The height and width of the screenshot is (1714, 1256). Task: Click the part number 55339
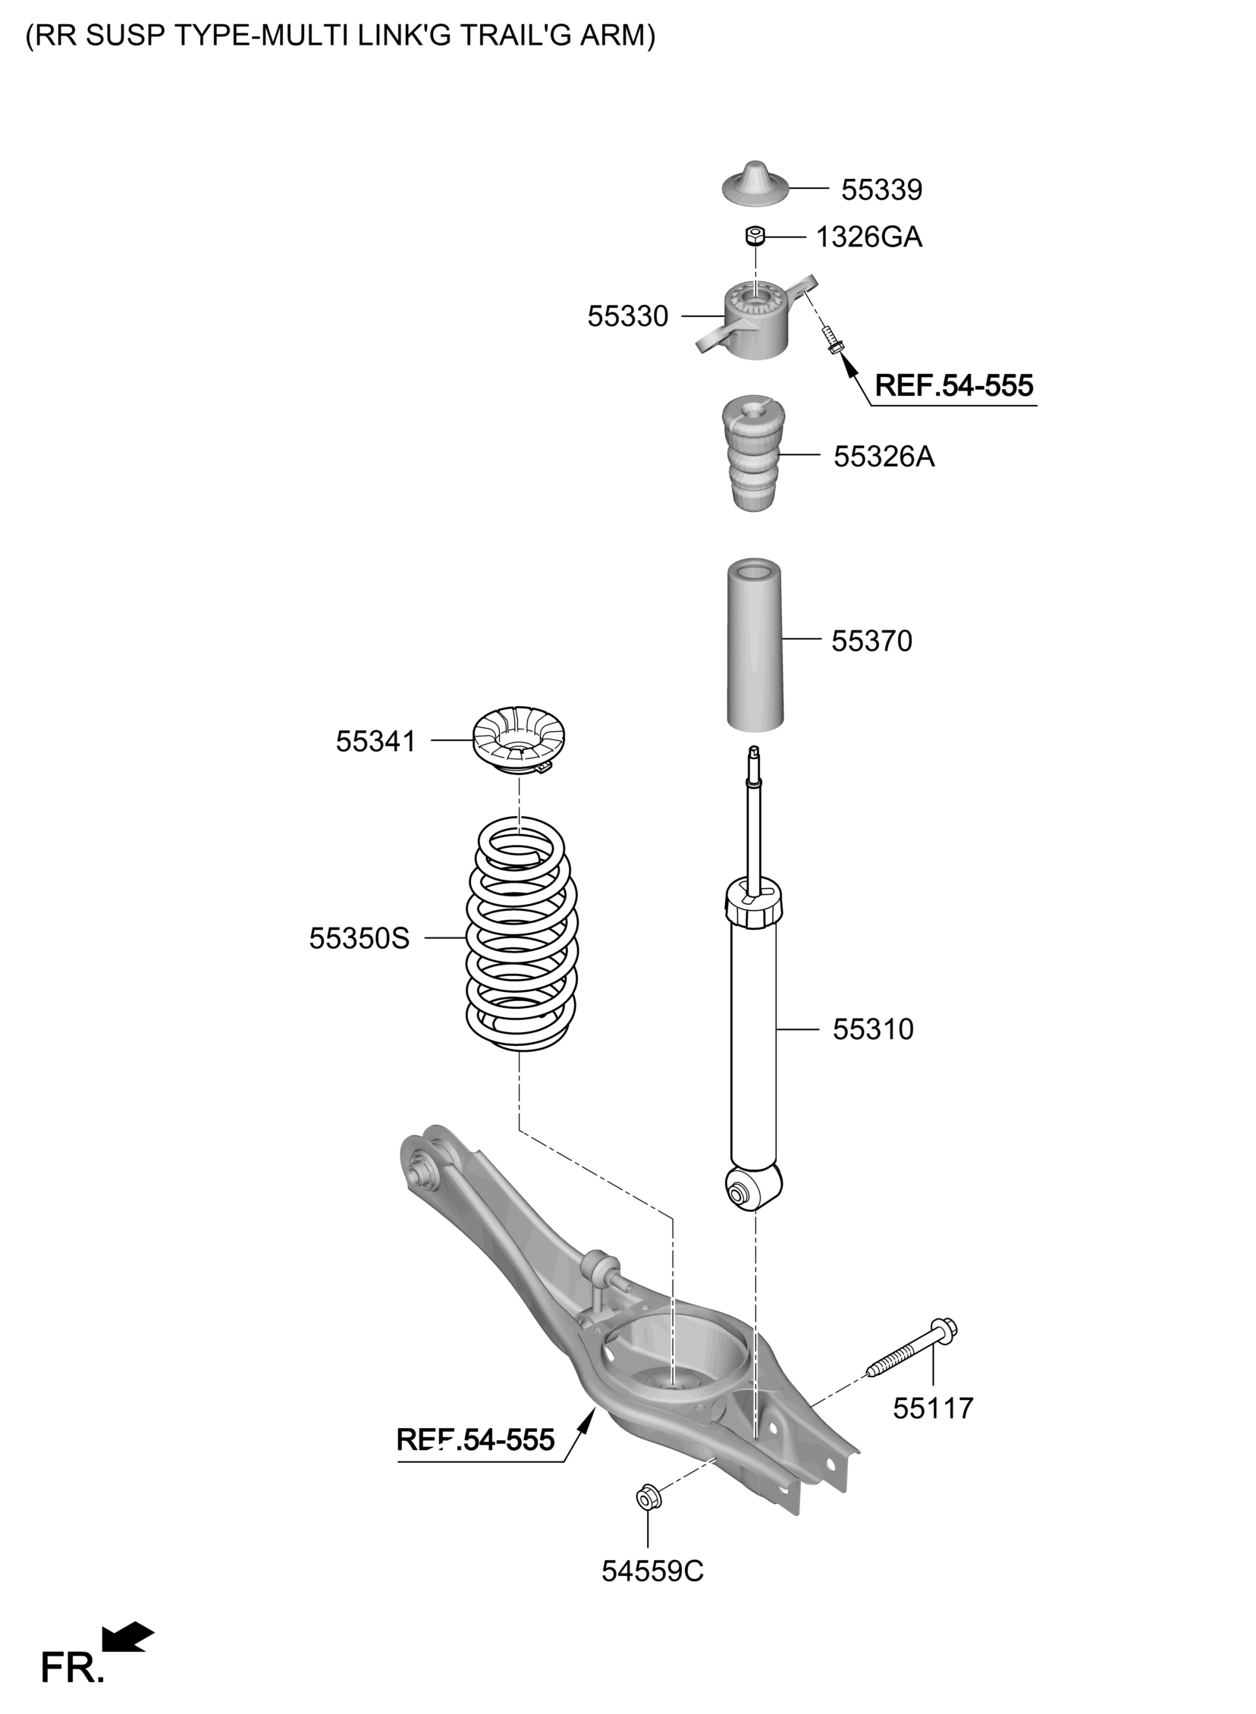pos(881,190)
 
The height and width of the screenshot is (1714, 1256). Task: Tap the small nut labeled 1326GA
pos(754,237)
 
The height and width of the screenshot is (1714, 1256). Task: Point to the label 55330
pos(627,316)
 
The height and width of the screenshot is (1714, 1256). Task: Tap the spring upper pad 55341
pos(520,741)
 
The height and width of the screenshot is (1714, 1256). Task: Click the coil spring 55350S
pos(522,934)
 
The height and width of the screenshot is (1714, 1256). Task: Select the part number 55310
pos(872,1029)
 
